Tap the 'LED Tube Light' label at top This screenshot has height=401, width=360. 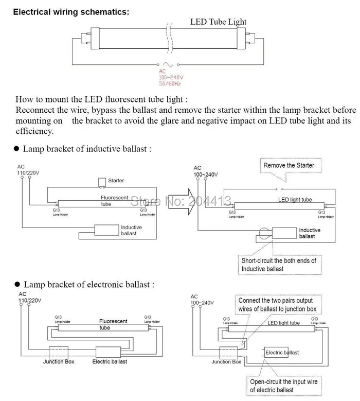coord(218,22)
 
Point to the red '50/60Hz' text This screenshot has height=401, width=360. coord(171,83)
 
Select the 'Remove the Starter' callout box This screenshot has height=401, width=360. coord(289,165)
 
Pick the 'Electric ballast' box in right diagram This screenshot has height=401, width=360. coord(282,353)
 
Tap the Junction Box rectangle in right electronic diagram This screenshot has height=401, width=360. coord(226,353)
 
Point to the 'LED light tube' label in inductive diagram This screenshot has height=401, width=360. coord(295,199)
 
